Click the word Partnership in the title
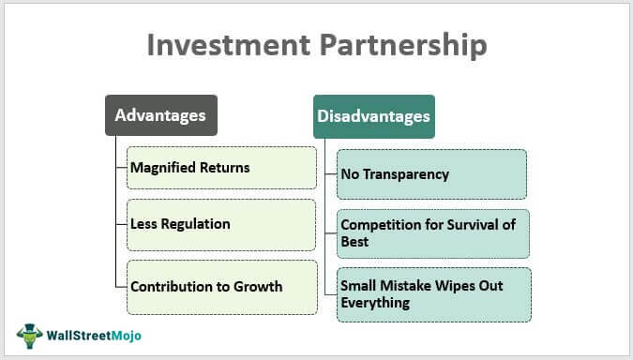405,46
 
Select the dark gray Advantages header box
160,116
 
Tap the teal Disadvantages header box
372,117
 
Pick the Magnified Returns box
221,168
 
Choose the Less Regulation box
221,224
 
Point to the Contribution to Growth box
221,286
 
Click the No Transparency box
431,174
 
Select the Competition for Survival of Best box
434,233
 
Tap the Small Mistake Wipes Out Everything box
434,294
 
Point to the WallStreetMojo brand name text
91,336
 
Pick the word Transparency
406,174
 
